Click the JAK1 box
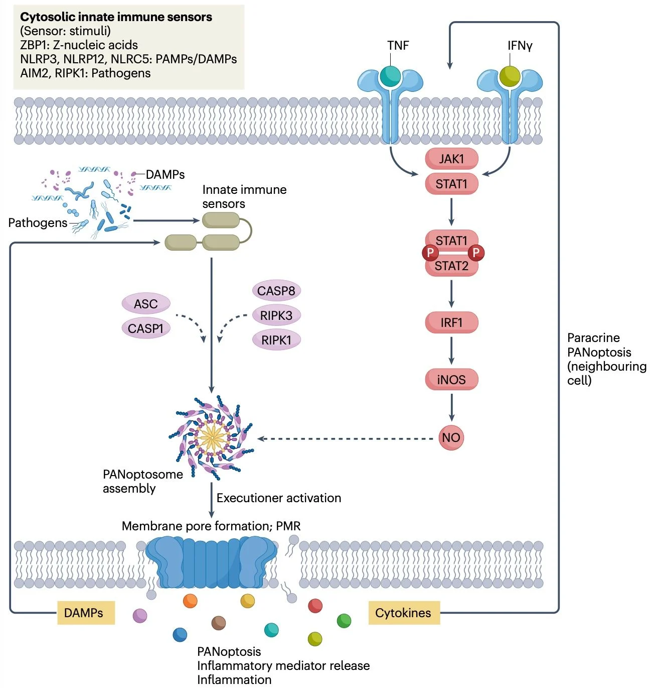[x=451, y=159]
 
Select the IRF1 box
[x=451, y=322]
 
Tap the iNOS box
[x=451, y=380]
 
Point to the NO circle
[x=451, y=437]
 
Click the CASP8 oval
[x=276, y=291]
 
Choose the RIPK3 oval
[x=276, y=315]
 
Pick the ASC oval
[x=146, y=304]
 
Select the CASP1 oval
[x=146, y=328]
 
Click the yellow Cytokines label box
[x=404, y=613]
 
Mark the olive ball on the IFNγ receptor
[x=510, y=76]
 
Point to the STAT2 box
[x=451, y=266]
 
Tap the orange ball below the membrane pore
[x=190, y=601]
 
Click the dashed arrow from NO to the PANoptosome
[x=346, y=438]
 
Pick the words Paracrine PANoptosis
[x=599, y=345]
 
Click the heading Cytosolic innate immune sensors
[x=116, y=17]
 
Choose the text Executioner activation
[x=279, y=498]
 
